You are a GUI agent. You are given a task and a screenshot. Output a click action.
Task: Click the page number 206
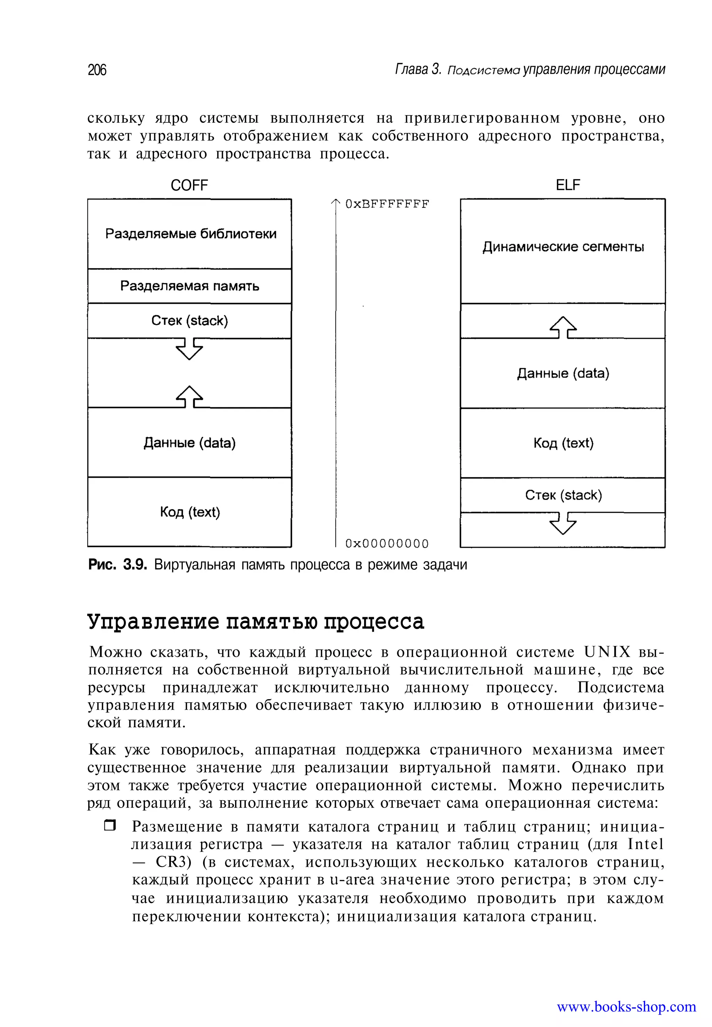(97, 70)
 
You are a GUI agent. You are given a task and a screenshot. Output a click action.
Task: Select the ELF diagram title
(567, 185)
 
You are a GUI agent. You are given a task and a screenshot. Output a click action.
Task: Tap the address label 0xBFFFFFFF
(387, 204)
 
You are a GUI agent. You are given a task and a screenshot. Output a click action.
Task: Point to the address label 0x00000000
(387, 543)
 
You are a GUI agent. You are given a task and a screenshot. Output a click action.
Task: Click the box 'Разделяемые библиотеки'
(191, 234)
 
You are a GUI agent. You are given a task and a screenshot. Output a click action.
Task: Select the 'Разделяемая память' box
(189, 286)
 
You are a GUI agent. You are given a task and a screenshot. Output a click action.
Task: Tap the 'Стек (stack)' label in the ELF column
(563, 495)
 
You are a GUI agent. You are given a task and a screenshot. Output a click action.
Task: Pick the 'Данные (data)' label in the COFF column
(189, 443)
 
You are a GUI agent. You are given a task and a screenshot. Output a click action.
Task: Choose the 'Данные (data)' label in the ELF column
(563, 373)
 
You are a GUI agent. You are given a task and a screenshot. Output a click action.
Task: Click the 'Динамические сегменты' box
(563, 247)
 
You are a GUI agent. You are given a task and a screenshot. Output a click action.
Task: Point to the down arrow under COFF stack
(189, 348)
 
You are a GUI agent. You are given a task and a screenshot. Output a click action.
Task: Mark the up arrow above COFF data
(189, 397)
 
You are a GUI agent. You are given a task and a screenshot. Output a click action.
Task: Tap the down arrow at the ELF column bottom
(563, 523)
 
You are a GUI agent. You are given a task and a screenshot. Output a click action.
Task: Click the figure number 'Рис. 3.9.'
(117, 565)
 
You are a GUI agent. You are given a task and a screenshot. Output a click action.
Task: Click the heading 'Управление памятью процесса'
(256, 622)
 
